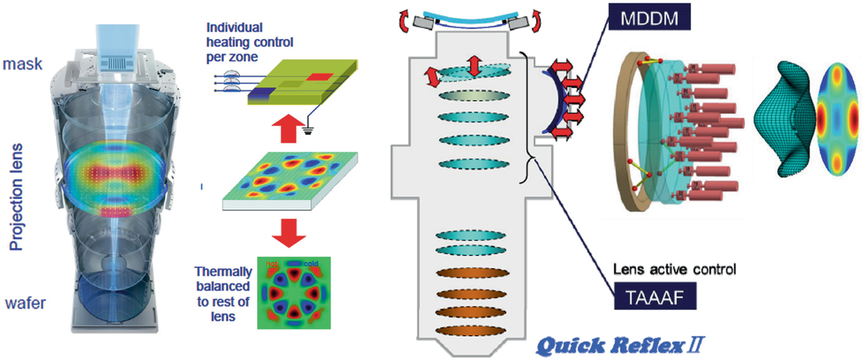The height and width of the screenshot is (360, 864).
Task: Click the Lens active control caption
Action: pos(676,270)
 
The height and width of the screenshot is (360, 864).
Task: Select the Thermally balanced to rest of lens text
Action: pos(223,294)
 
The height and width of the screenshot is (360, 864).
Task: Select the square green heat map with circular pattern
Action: pos(293,293)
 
